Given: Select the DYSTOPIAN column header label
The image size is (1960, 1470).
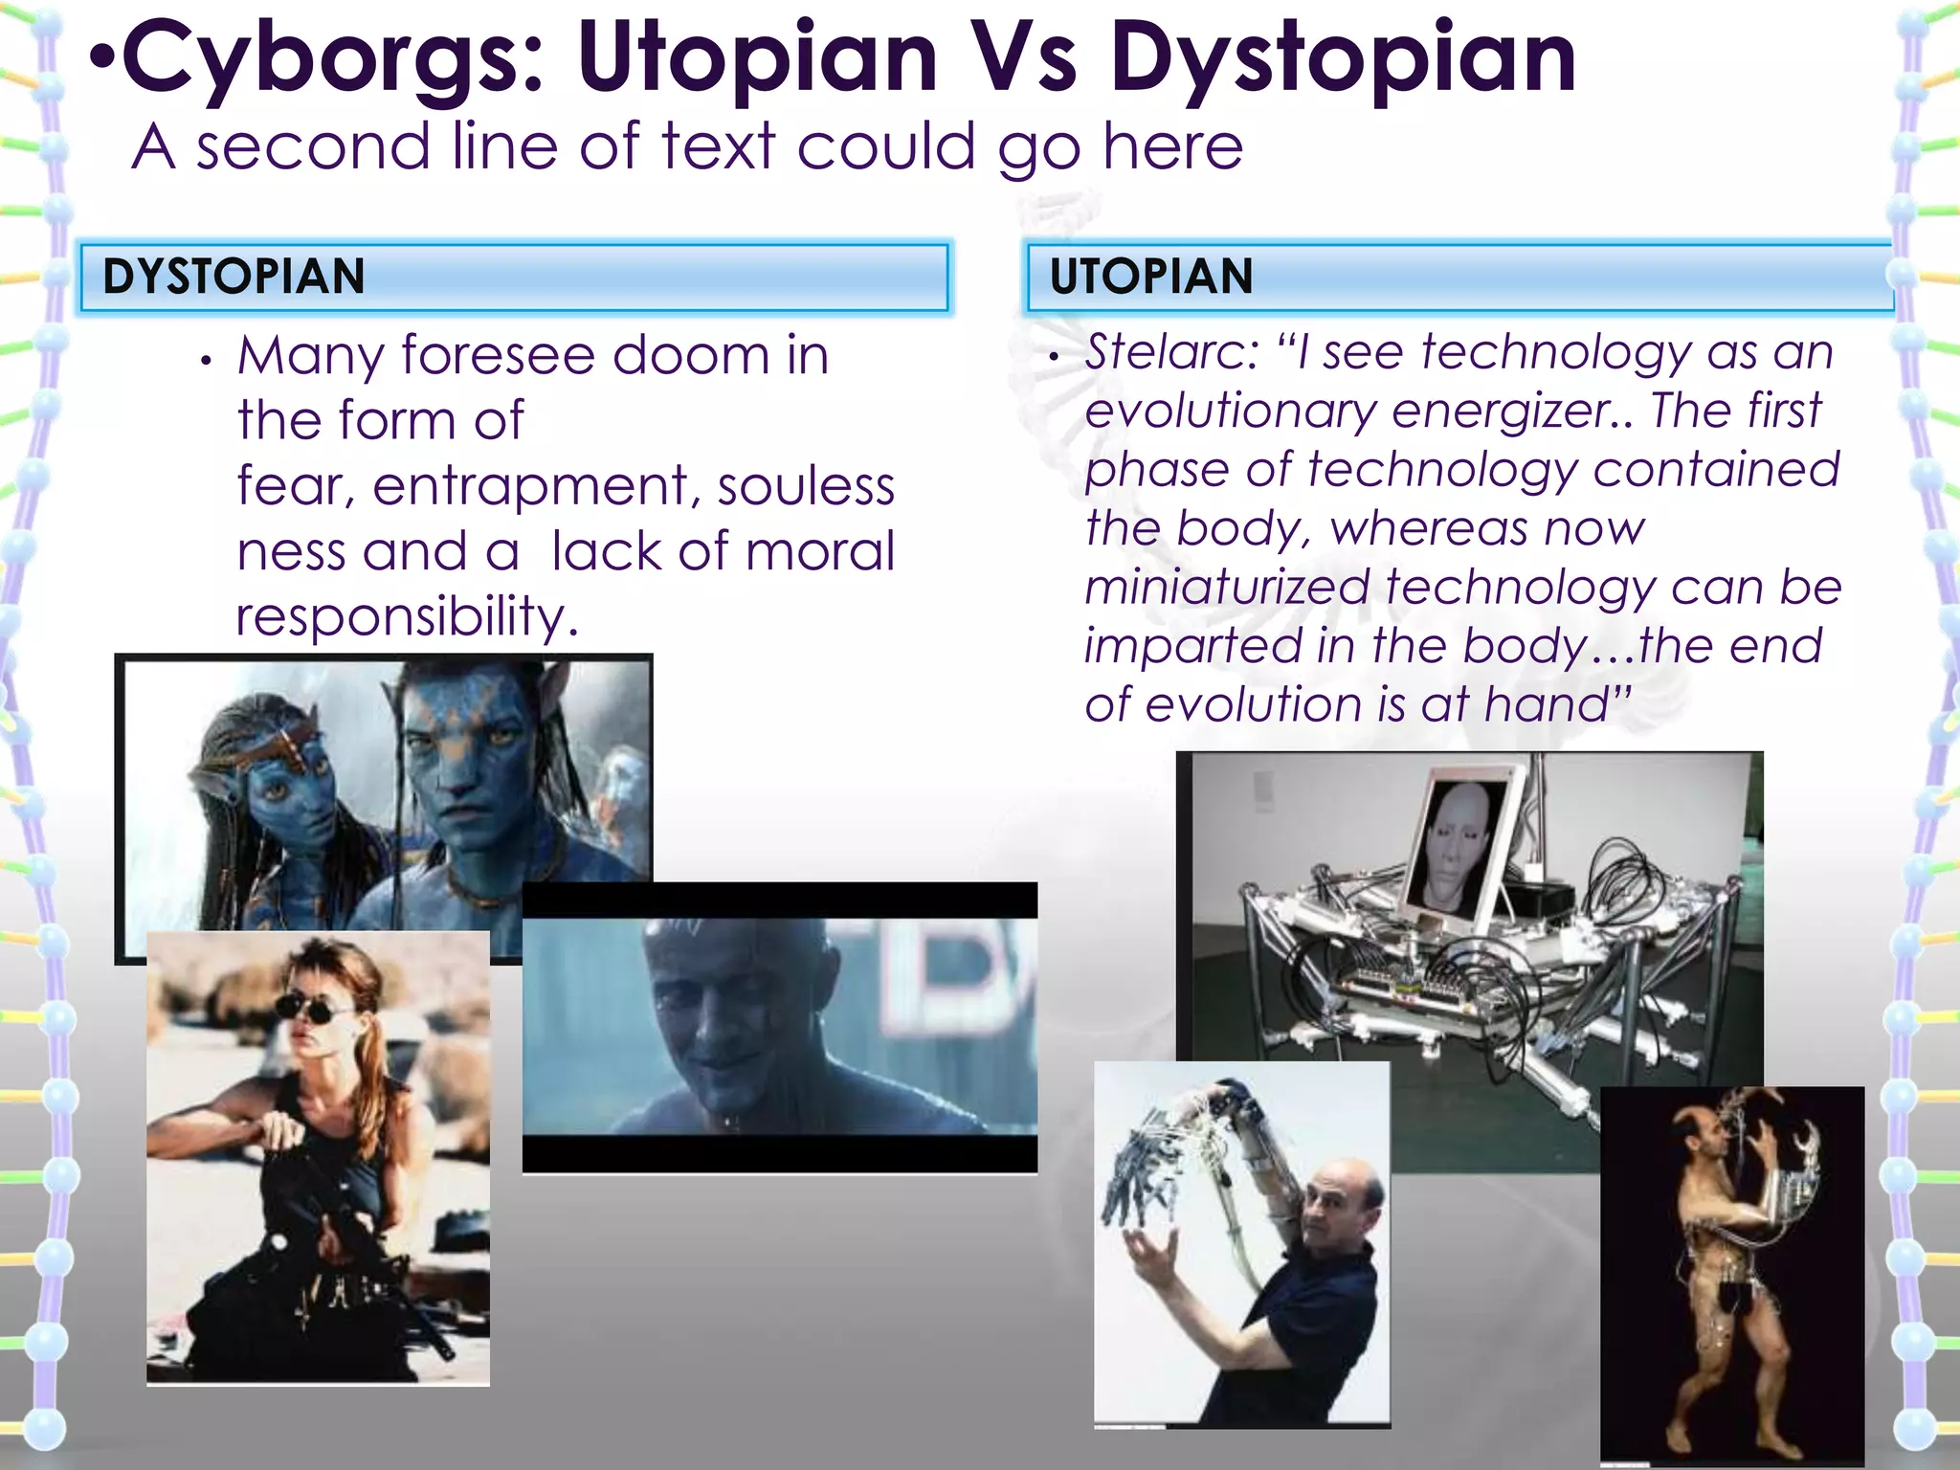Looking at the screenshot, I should [x=234, y=277].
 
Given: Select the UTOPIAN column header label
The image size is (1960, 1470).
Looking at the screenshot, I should [x=1150, y=277].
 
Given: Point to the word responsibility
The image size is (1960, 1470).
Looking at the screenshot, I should [x=408, y=616].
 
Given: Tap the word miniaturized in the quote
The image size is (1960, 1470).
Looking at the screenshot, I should [x=1227, y=588].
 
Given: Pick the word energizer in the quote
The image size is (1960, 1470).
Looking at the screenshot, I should [x=1512, y=412].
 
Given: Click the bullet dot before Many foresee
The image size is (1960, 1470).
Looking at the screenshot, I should [x=205, y=362].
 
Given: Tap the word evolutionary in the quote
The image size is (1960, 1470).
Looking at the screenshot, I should [x=1231, y=412].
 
